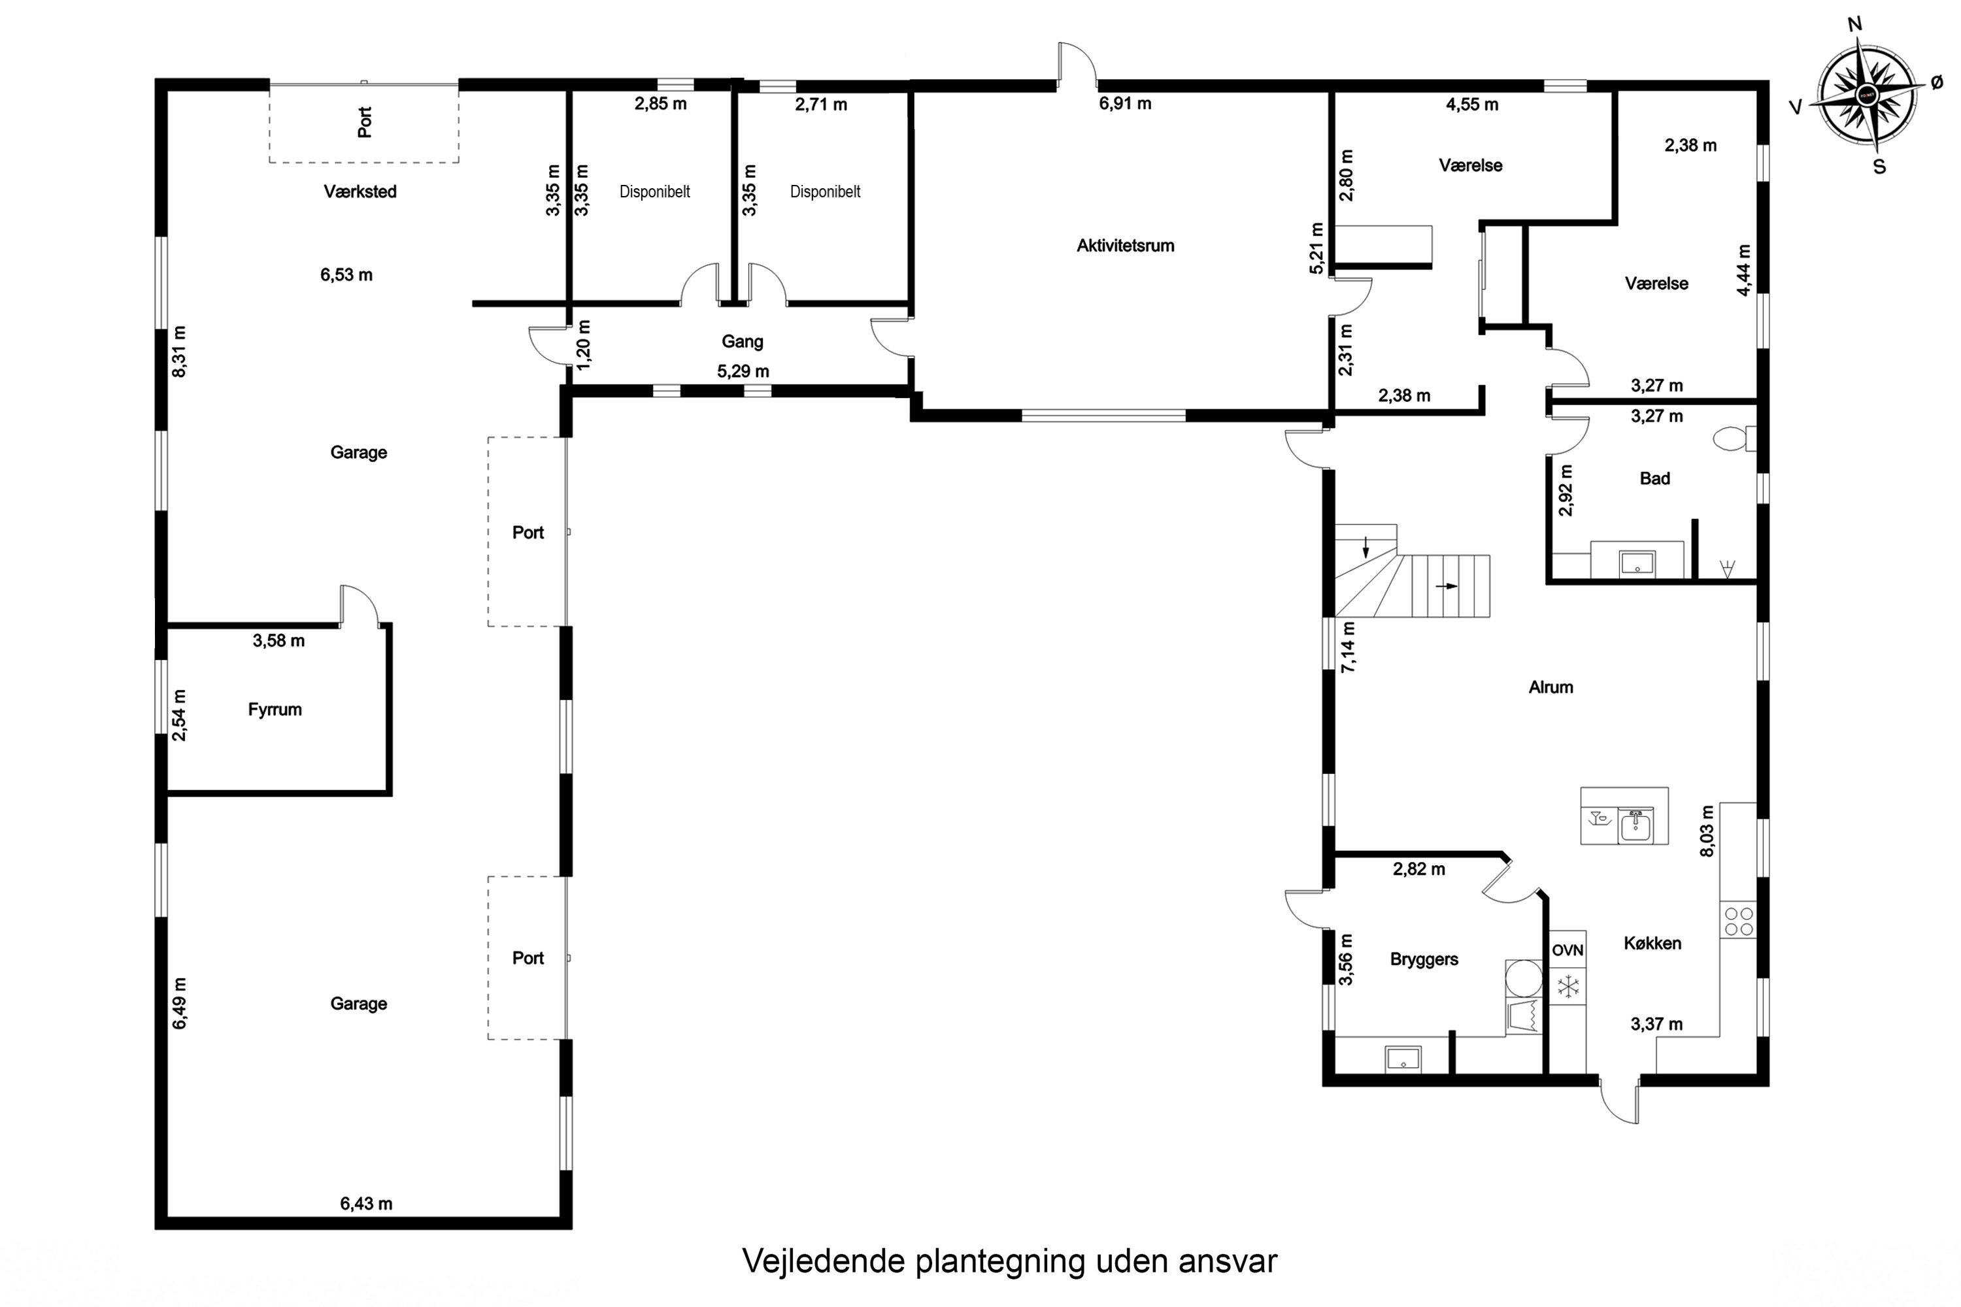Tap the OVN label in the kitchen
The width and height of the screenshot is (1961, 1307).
(1567, 950)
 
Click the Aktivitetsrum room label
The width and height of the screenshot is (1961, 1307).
(1125, 246)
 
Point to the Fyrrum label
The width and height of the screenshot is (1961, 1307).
(275, 709)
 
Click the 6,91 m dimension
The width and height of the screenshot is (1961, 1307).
(1125, 103)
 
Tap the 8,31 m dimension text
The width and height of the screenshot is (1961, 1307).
(178, 351)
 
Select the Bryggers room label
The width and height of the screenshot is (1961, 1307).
(1424, 959)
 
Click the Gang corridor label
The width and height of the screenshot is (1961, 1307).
(742, 341)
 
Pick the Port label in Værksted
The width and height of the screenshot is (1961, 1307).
(364, 122)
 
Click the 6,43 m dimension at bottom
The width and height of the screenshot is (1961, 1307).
(366, 1204)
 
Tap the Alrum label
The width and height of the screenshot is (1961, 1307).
(1550, 687)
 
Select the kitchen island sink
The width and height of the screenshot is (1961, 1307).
(1636, 826)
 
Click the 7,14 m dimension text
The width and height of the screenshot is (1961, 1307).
(1347, 647)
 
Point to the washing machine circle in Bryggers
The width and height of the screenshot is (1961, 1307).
(1523, 978)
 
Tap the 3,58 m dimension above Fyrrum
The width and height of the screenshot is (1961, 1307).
(278, 641)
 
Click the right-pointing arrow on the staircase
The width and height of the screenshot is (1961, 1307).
(1447, 586)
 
